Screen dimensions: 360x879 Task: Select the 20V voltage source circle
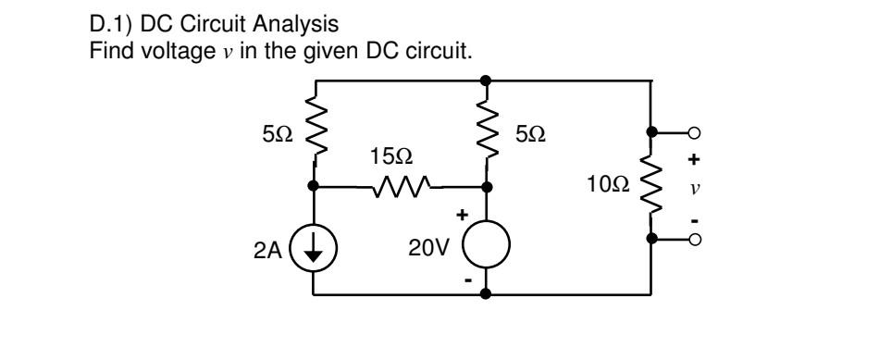(487, 250)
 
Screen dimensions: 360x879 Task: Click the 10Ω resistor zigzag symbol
(652, 185)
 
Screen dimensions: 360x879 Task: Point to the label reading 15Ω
(386, 156)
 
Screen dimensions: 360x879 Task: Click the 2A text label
(268, 250)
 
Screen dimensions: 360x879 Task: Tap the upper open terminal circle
(691, 133)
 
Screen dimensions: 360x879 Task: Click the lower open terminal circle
(691, 240)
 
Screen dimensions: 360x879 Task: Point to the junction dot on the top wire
(487, 80)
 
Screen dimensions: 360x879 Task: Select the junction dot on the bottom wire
(487, 296)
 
